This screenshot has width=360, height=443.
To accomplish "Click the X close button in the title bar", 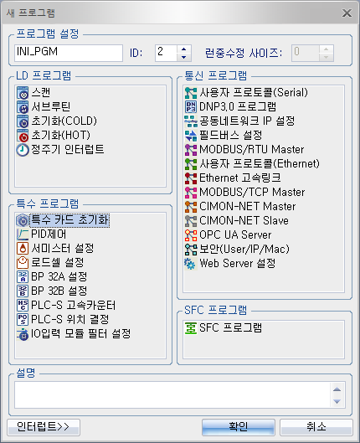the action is tap(347, 13).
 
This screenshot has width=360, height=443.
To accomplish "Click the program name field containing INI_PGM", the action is tap(69, 53).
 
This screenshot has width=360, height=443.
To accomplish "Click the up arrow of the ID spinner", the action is tap(184, 49).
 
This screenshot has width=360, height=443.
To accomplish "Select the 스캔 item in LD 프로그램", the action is tap(41, 92).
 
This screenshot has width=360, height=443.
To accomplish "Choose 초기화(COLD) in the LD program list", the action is tap(64, 121).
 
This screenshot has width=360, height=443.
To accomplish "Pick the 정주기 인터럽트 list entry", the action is tap(68, 149).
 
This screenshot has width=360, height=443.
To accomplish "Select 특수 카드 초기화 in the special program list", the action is tap(69, 220).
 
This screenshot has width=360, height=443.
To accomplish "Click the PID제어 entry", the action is tap(49, 234).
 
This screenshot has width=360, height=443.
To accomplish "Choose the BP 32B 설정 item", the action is tap(59, 291).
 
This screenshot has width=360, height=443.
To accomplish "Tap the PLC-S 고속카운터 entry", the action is tap(73, 305).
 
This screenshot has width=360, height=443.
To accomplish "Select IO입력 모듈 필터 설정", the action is tap(80, 333).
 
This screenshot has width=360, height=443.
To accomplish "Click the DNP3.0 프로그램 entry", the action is tap(238, 106).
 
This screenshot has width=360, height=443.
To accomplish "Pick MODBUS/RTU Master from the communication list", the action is tap(251, 149).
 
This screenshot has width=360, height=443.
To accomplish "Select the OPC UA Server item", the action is tap(235, 234).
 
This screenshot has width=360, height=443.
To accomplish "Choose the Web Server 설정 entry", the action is tap(237, 263).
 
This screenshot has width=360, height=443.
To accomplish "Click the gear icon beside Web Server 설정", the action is tap(190, 264).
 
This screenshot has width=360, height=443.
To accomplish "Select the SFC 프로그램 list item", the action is tap(230, 327).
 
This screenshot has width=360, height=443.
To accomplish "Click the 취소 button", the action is tap(316, 427).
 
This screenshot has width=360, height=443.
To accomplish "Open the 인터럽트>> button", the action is tap(44, 427).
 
